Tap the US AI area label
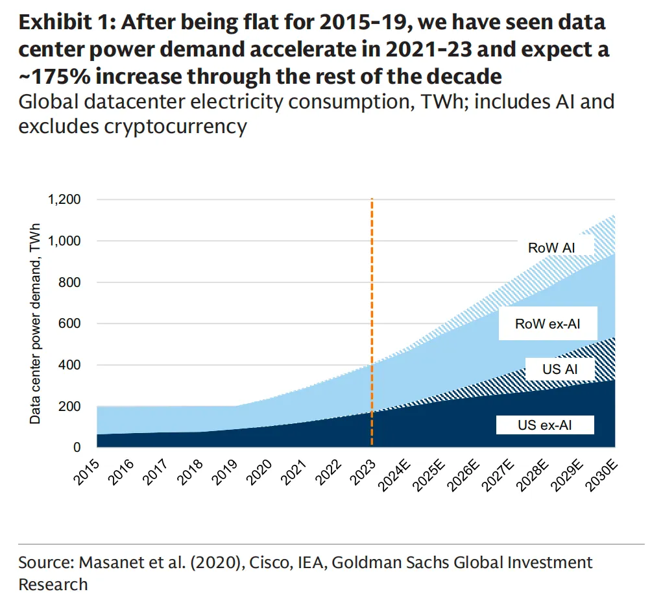tap(559, 370)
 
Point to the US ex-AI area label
tap(546, 426)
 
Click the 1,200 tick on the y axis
tap(62, 199)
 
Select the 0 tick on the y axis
tap(76, 447)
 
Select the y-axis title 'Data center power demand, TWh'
tap(35, 323)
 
